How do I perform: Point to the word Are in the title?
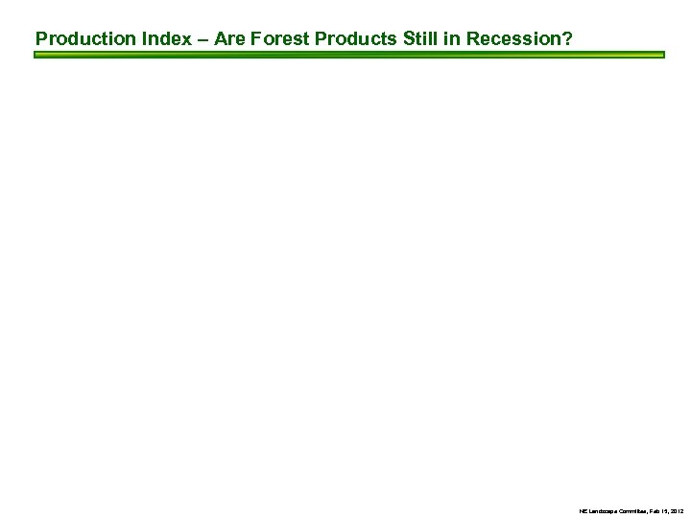(229, 39)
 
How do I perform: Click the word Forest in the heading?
(281, 39)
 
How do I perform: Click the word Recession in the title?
(513, 39)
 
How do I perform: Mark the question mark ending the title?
(568, 39)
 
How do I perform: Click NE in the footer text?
(583, 509)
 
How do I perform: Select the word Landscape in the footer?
(602, 509)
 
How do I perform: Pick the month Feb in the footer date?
(655, 509)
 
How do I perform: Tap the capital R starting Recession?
(473, 39)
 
